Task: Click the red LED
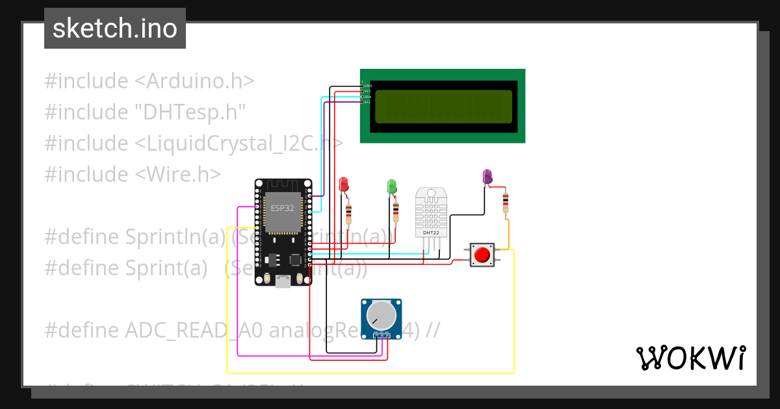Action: (x=344, y=184)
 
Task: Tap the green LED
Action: (x=392, y=186)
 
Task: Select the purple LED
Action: (x=487, y=176)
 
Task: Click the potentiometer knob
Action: (x=381, y=316)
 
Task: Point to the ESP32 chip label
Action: (x=282, y=208)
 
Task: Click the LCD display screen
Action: (x=443, y=106)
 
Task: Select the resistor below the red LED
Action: (x=348, y=214)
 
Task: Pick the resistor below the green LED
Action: (x=396, y=211)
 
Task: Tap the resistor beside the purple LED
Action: (x=506, y=203)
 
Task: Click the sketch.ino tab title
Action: (x=114, y=29)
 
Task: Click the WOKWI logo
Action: (x=690, y=358)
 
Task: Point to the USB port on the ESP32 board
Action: (x=283, y=281)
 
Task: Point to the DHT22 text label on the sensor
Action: (x=431, y=232)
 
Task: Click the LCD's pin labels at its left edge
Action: (x=366, y=93)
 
